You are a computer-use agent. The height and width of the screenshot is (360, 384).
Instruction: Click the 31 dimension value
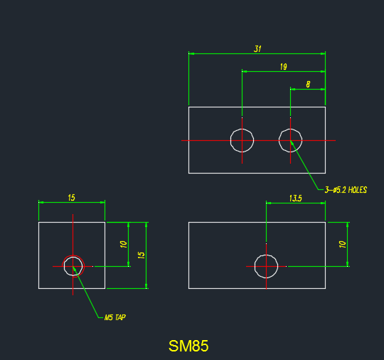(257, 49)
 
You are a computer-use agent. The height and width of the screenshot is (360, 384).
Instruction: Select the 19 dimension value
(283, 67)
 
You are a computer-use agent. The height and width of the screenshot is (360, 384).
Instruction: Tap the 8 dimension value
(308, 85)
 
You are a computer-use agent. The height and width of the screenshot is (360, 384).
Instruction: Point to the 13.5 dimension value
(296, 198)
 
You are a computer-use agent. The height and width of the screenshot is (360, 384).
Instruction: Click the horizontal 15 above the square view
(71, 198)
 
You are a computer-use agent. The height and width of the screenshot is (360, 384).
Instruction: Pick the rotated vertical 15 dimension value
(142, 255)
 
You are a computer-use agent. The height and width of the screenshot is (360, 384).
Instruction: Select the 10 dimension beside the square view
(124, 244)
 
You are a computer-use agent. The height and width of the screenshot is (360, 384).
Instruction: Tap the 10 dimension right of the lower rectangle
(342, 244)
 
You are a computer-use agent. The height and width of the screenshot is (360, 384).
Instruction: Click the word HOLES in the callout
(358, 190)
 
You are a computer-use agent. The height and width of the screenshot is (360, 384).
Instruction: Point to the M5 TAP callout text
(115, 317)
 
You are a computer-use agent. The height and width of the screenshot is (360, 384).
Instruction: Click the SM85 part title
(188, 346)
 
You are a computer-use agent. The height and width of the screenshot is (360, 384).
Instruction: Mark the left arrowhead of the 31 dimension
(191, 53)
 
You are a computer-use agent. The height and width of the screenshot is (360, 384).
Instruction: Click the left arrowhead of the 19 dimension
(245, 72)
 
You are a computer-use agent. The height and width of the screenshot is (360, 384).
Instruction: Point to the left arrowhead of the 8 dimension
(293, 90)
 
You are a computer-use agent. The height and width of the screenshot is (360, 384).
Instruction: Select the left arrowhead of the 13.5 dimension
(269, 203)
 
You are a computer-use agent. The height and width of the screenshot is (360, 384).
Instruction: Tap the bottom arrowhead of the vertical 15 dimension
(146, 286)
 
